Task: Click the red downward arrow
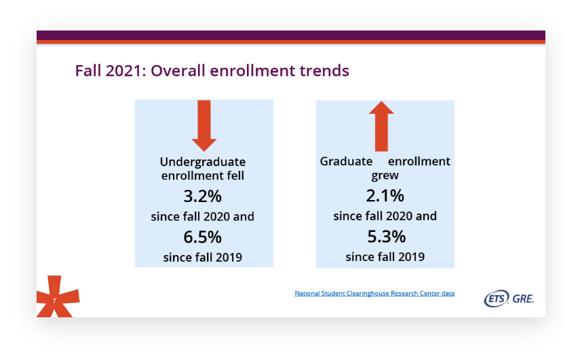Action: [x=203, y=125]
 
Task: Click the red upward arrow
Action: [x=381, y=126]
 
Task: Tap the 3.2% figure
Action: [x=203, y=197]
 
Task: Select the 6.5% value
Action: [x=203, y=237]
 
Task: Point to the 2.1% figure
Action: [x=385, y=195]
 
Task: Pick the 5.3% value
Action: [x=387, y=237]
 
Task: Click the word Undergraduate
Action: [x=203, y=162]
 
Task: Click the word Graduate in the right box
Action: [x=347, y=161]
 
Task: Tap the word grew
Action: [x=385, y=176]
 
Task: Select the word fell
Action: [x=235, y=175]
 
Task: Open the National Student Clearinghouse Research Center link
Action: [x=374, y=293]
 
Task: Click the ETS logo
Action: [x=497, y=298]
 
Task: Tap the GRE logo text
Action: [x=523, y=299]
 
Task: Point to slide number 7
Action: [x=54, y=300]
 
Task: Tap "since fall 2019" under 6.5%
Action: [x=203, y=257]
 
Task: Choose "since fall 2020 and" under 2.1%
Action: [x=385, y=216]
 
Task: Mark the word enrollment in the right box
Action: [x=419, y=161]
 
